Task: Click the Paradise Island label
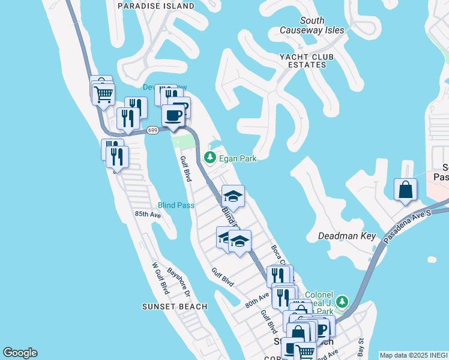pos(156,6)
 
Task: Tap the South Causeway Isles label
pos(313,25)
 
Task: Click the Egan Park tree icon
pos(209,158)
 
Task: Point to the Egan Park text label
pos(238,158)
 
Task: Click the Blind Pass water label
pos(176,205)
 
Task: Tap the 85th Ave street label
pos(148,214)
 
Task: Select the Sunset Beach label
pos(175,307)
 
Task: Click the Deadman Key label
pos(346,236)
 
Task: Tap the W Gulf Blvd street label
pos(160,278)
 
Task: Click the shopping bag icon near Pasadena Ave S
pos(406,190)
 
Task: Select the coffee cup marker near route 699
pos(173,115)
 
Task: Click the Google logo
pos(20,353)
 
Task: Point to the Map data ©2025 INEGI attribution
pos(414,355)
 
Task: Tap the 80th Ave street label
pos(257,298)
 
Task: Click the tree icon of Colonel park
pos(342,301)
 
